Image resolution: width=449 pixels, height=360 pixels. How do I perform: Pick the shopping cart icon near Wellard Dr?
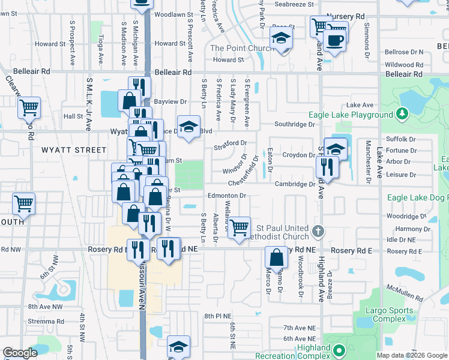pos(239,227)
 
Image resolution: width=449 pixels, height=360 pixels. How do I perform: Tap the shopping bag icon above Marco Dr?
pos(276,257)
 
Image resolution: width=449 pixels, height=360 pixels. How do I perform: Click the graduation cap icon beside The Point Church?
pos(280,39)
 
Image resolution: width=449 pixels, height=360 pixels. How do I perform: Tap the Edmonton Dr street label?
pos(227,196)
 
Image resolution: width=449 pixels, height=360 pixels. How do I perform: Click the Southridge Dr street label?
pos(294,125)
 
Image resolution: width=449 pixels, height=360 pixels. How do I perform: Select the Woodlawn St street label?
pos(172,13)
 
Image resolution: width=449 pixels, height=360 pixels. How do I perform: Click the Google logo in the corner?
pos(20,353)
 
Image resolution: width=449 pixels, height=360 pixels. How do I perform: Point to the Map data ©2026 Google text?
pos(412,355)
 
